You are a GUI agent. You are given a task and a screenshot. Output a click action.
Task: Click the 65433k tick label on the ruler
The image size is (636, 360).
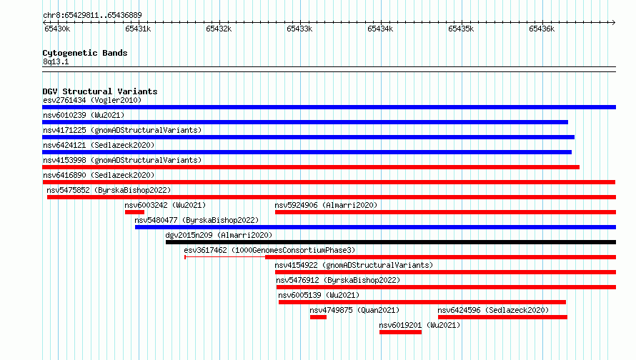[x=299, y=29]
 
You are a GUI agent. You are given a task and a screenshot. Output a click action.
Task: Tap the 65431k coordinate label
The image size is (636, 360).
[x=138, y=29]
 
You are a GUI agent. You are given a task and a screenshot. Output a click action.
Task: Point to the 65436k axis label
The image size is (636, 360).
[x=542, y=29]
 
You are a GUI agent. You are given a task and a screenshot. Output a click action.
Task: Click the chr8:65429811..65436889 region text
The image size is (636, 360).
[x=92, y=16]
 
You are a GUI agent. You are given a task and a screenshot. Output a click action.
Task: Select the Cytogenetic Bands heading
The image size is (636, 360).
[x=85, y=53]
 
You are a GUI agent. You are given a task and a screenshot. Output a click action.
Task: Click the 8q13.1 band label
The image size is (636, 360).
[x=56, y=61]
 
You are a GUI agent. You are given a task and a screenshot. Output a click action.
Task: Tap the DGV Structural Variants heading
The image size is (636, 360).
[x=100, y=91]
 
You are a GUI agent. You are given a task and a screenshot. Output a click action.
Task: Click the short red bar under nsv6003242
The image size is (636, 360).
[x=134, y=212]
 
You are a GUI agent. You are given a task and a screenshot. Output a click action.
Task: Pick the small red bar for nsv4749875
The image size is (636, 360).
[x=319, y=317]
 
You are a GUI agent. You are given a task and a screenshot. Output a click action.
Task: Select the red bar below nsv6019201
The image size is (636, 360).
[x=401, y=332]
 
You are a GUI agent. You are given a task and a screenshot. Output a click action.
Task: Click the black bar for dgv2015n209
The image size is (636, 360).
[x=391, y=242]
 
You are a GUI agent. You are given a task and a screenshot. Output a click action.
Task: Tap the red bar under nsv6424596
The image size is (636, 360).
[x=502, y=317]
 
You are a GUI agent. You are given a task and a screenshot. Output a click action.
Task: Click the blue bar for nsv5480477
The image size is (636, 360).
[x=376, y=227]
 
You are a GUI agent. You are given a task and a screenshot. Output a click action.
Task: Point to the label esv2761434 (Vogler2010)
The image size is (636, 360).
[x=92, y=100]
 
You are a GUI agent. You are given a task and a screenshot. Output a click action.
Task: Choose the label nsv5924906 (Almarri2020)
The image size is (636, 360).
[x=326, y=205]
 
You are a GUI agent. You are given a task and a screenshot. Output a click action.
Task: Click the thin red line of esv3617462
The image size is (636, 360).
[x=225, y=257]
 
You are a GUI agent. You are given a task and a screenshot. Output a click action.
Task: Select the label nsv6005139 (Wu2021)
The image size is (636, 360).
[x=319, y=295]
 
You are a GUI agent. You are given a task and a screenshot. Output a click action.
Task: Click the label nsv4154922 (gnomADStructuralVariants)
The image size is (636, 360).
[x=354, y=265]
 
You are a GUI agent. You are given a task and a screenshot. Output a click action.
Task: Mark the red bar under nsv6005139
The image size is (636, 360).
[x=422, y=302]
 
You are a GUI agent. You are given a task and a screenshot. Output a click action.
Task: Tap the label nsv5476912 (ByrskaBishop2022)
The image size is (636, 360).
[x=338, y=280]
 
